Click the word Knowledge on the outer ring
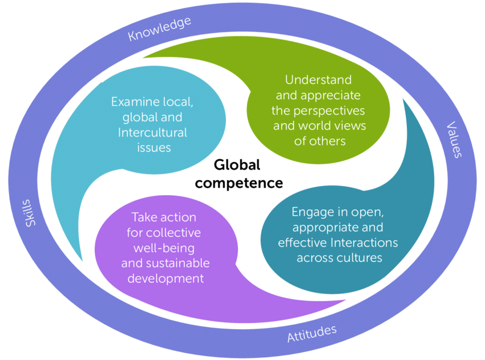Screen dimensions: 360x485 point(159,29)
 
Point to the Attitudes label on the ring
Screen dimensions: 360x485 point(312,334)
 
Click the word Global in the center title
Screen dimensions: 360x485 point(237,165)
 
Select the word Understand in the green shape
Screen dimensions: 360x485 point(318,80)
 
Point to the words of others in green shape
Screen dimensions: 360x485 point(320,140)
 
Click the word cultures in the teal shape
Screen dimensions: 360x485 point(359,257)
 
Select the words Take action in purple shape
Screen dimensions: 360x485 point(164,217)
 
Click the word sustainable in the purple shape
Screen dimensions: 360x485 point(176,263)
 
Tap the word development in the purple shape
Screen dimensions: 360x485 point(165,278)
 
